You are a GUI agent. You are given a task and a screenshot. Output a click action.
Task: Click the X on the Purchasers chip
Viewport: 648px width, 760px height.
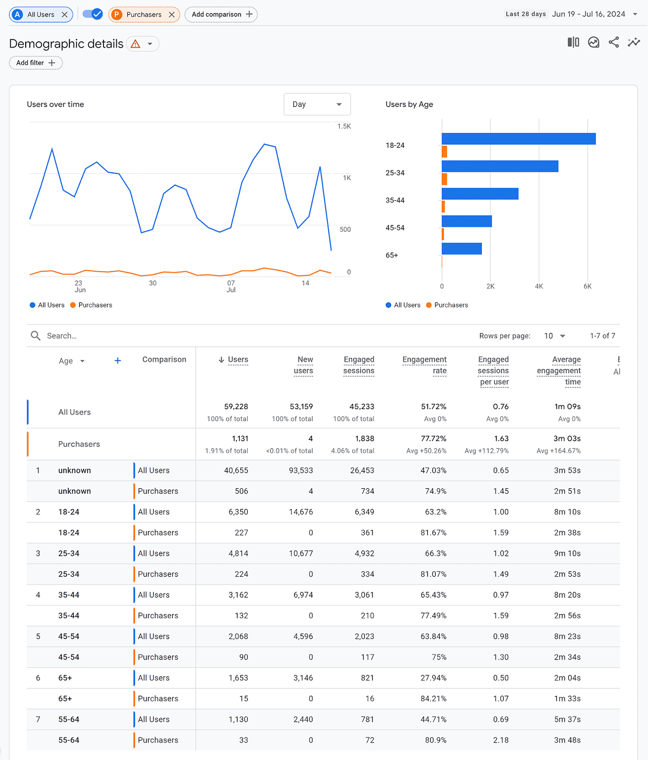pos(172,15)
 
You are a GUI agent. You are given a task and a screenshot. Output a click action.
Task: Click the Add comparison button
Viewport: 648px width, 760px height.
pos(221,15)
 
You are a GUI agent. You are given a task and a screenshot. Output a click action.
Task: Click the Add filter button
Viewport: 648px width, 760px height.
pos(36,63)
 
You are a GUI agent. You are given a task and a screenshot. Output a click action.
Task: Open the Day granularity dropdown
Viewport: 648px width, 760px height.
pos(317,104)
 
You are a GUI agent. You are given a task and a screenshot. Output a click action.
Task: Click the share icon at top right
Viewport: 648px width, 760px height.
pos(613,43)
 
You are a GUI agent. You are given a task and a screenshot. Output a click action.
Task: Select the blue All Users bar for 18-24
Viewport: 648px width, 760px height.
pos(518,139)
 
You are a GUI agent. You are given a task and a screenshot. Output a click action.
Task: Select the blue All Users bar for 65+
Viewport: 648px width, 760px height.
pos(461,248)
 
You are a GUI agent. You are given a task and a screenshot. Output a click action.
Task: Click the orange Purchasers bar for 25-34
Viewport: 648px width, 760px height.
pos(444,179)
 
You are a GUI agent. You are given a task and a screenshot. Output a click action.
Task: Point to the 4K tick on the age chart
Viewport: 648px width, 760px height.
pos(539,286)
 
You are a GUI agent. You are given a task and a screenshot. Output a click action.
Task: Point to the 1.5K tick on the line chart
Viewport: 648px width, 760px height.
pos(344,126)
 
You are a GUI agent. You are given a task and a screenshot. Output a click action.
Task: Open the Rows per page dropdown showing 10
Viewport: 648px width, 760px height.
pos(554,336)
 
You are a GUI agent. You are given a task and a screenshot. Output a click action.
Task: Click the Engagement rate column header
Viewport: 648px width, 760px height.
pos(424,365)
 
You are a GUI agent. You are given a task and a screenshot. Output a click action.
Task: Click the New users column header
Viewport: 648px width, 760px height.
pos(303,365)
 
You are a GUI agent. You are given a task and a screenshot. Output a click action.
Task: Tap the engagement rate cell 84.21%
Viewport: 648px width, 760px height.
pos(433,699)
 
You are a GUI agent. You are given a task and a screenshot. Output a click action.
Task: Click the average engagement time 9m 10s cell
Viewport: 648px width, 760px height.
pos(567,553)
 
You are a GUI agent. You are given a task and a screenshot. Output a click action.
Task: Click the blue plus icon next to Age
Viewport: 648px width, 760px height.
pos(118,361)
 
